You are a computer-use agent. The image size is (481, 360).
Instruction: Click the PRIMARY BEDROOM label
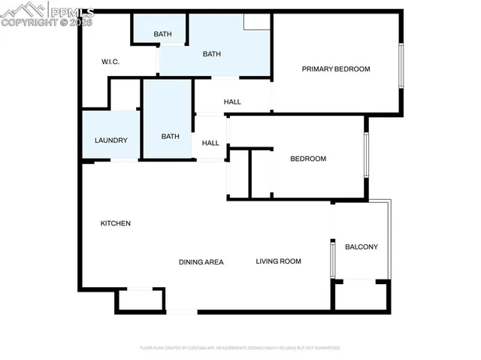[336, 69]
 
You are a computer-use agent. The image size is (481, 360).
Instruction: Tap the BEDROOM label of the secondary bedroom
[308, 159]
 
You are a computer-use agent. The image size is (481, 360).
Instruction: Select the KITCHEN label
[116, 223]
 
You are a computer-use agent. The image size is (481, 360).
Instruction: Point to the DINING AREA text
[201, 262]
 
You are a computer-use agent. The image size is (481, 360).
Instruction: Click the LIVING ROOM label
[278, 262]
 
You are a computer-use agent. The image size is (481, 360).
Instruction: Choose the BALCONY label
[361, 247]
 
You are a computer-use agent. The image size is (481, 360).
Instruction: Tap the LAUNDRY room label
[110, 141]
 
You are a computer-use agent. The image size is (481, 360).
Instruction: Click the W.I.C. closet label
[110, 62]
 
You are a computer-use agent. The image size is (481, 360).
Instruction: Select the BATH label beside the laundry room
[170, 136]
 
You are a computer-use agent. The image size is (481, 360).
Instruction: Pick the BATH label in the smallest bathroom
[162, 34]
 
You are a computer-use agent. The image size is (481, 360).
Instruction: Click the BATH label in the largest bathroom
[212, 53]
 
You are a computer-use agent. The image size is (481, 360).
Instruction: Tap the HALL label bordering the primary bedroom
[232, 102]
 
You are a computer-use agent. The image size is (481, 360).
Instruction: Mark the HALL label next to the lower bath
[210, 143]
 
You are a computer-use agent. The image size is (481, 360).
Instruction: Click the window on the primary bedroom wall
[401, 67]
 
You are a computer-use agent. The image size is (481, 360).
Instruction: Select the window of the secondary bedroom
[366, 156]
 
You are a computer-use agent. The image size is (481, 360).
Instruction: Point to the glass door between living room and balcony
[331, 259]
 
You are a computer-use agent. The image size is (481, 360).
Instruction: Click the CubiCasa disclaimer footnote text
[240, 348]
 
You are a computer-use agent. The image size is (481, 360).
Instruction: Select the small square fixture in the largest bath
[256, 22]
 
